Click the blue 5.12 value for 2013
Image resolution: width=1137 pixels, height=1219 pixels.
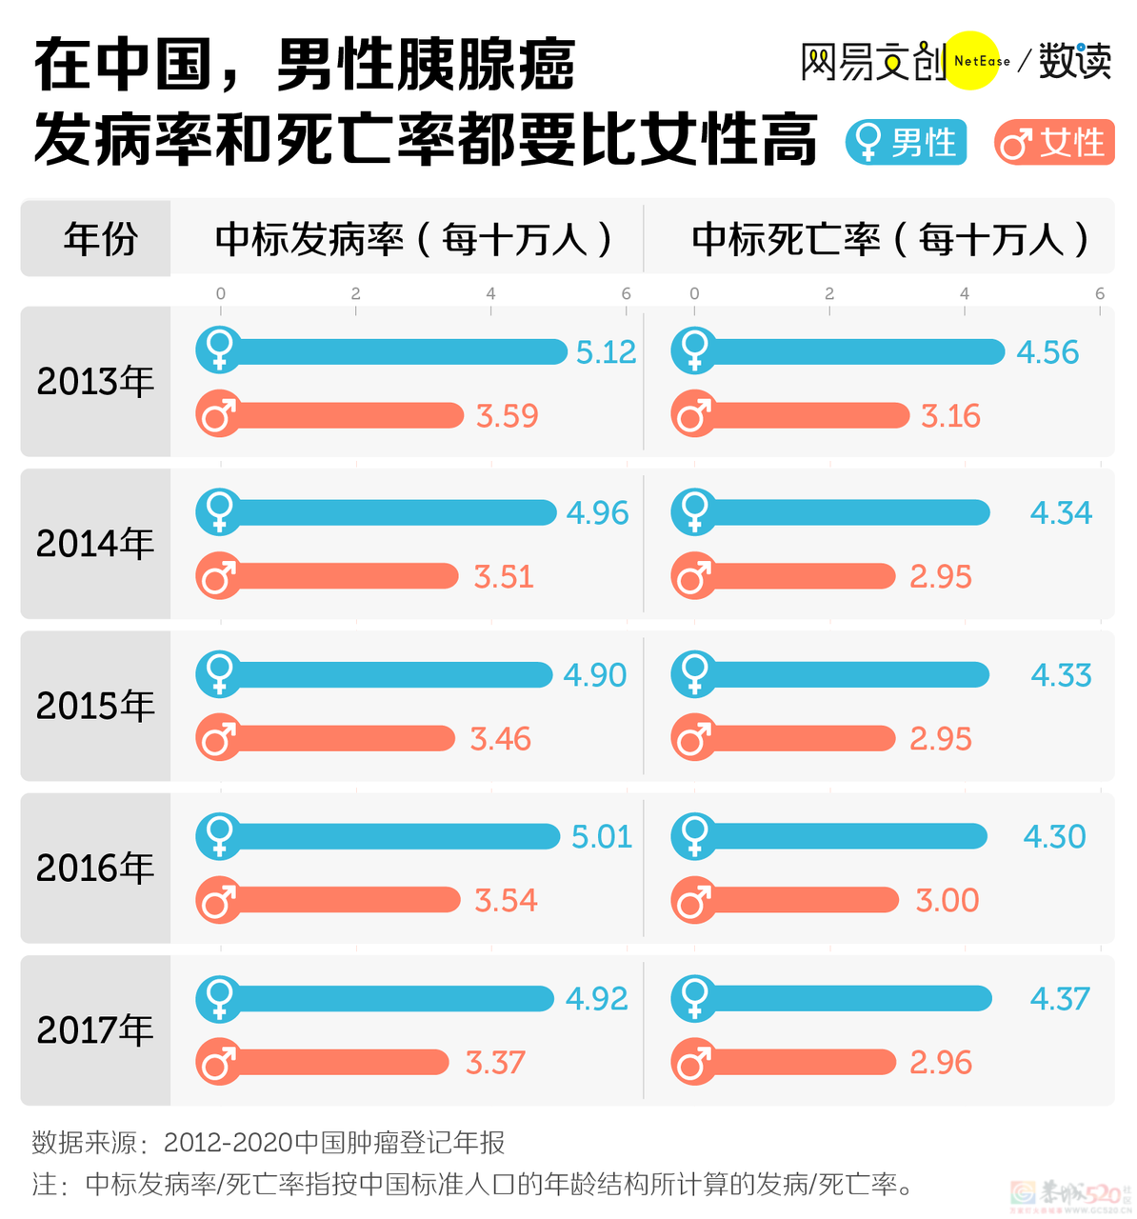click(x=606, y=352)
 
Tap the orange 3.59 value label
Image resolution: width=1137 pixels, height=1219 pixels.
click(x=507, y=416)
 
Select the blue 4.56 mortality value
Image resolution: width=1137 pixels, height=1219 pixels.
click(x=1047, y=352)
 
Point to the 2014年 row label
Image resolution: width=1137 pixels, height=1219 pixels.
click(x=95, y=544)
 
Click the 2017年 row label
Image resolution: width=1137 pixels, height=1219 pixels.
click(x=95, y=1030)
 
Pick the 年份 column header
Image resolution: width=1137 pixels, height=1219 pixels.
click(x=100, y=238)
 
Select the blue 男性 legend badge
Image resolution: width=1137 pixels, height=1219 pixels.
click(x=907, y=143)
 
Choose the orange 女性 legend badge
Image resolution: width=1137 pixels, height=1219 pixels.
click(x=1055, y=143)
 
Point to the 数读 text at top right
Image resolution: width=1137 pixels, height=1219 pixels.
click(x=1075, y=61)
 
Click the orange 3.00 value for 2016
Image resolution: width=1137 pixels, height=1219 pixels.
click(x=947, y=900)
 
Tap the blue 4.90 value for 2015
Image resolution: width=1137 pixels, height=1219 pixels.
click(x=595, y=675)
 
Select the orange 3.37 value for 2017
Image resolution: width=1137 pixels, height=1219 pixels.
click(x=495, y=1063)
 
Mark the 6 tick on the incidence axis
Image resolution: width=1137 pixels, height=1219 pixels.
click(x=626, y=293)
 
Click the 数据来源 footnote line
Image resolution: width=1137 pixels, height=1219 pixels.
click(x=268, y=1143)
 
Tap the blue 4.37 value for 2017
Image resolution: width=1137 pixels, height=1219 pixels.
click(x=1060, y=999)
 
